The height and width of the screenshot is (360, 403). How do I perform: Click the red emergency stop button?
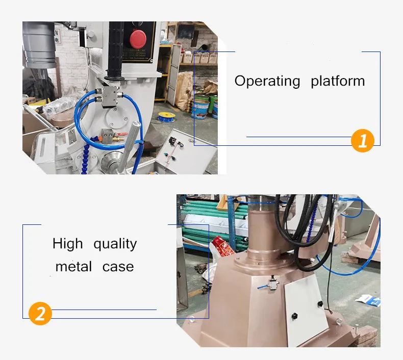pos(138,39)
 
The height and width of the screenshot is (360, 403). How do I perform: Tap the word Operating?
pos(267,81)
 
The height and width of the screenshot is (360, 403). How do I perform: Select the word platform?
pos(338,81)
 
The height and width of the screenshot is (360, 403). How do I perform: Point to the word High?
pos(67,244)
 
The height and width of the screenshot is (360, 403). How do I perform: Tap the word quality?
pos(115,244)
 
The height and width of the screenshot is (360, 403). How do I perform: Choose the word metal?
pos(73,267)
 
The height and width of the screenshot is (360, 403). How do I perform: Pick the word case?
pos(118,267)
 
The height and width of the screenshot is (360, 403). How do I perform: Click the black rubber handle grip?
pos(115,51)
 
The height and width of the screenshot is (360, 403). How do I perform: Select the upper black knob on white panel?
pos(320,304)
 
